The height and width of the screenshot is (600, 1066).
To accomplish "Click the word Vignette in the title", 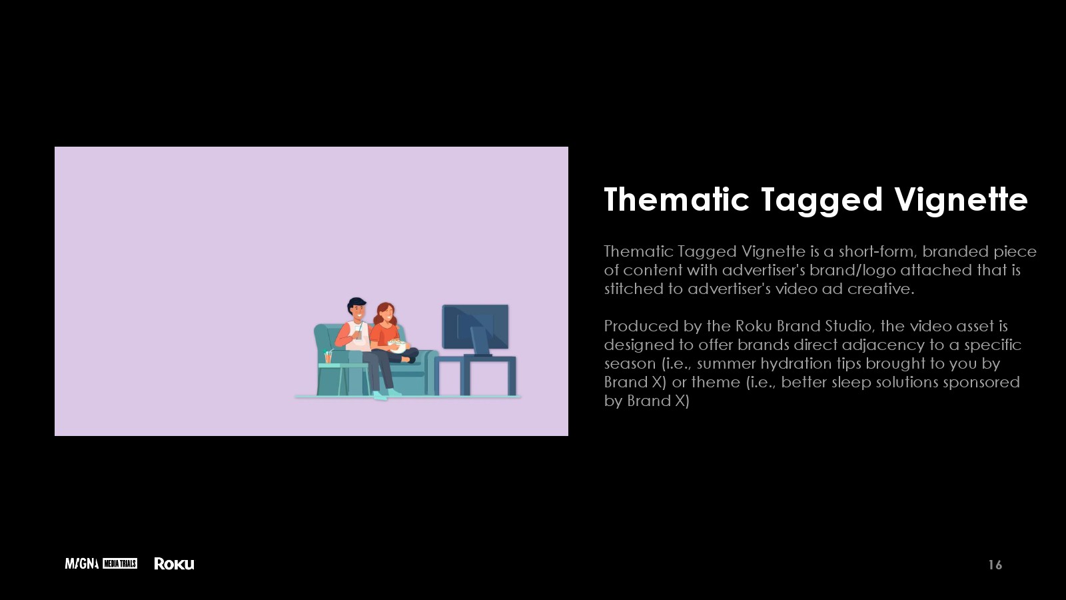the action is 961,200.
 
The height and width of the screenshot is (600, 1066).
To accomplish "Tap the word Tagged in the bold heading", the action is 822,201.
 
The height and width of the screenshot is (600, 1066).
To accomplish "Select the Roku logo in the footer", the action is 174,564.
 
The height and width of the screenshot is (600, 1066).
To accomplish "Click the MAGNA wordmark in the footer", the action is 82,564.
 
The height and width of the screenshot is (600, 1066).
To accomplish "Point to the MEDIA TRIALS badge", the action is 120,564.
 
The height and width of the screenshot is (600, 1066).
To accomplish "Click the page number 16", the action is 995,565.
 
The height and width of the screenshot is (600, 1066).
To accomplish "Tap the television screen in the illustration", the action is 475,327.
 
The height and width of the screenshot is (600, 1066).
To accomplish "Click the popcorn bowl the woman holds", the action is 397,345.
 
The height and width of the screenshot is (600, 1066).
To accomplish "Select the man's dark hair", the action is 356,303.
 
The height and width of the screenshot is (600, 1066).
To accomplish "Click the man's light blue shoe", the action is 380,395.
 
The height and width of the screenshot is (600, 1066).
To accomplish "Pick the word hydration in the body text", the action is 796,364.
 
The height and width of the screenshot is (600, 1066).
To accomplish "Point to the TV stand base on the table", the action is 478,355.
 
